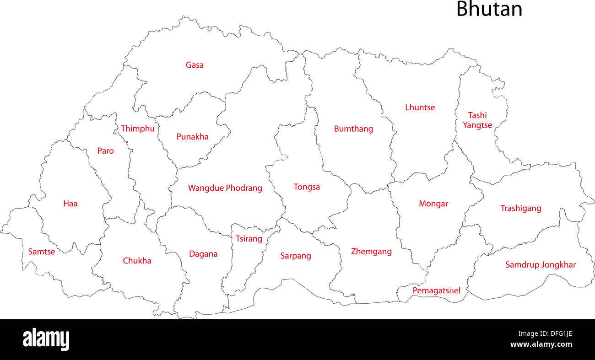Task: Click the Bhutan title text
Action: pyautogui.click(x=489, y=9)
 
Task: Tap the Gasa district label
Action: pyautogui.click(x=195, y=65)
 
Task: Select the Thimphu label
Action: pyautogui.click(x=138, y=129)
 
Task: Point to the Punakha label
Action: pyautogui.click(x=193, y=136)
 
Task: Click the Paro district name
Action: pyautogui.click(x=106, y=150)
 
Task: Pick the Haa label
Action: pyautogui.click(x=70, y=204)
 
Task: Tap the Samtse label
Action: pyautogui.click(x=42, y=252)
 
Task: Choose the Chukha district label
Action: pyautogui.click(x=137, y=261)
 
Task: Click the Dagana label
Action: pyautogui.click(x=203, y=254)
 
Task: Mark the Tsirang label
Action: pyautogui.click(x=249, y=239)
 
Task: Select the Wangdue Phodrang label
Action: pyautogui.click(x=225, y=188)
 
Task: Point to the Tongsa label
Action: pyautogui.click(x=307, y=187)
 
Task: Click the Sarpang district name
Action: pyautogui.click(x=296, y=256)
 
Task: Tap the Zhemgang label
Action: pyautogui.click(x=371, y=251)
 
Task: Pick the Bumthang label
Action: pyautogui.click(x=353, y=129)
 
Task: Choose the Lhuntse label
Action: pyautogui.click(x=420, y=107)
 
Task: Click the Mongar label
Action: pyautogui.click(x=433, y=204)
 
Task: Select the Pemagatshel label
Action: pyautogui.click(x=437, y=290)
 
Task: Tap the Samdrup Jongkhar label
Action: pyautogui.click(x=541, y=264)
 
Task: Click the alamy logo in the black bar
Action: pyautogui.click(x=46, y=339)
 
